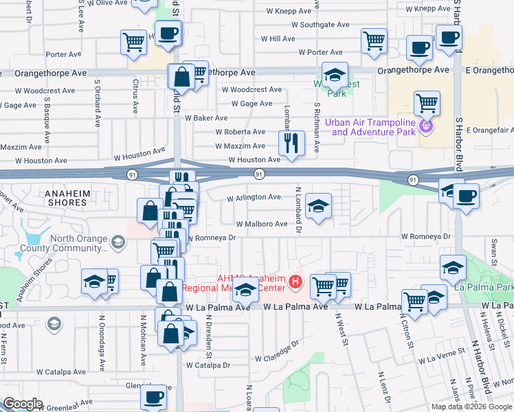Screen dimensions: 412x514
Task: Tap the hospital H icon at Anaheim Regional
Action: click(295, 282)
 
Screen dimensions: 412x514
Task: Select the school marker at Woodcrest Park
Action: click(335, 75)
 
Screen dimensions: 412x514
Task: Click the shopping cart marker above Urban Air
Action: click(427, 104)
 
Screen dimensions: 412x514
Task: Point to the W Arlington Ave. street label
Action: click(256, 198)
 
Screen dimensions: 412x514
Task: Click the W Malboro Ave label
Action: click(262, 224)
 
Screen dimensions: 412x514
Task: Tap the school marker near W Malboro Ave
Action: click(318, 205)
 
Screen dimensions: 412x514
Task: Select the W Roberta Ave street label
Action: click(240, 132)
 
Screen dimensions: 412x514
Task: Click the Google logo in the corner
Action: click(23, 404)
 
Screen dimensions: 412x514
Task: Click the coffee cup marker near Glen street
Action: click(153, 396)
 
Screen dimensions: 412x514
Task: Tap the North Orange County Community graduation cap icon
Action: click(118, 242)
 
